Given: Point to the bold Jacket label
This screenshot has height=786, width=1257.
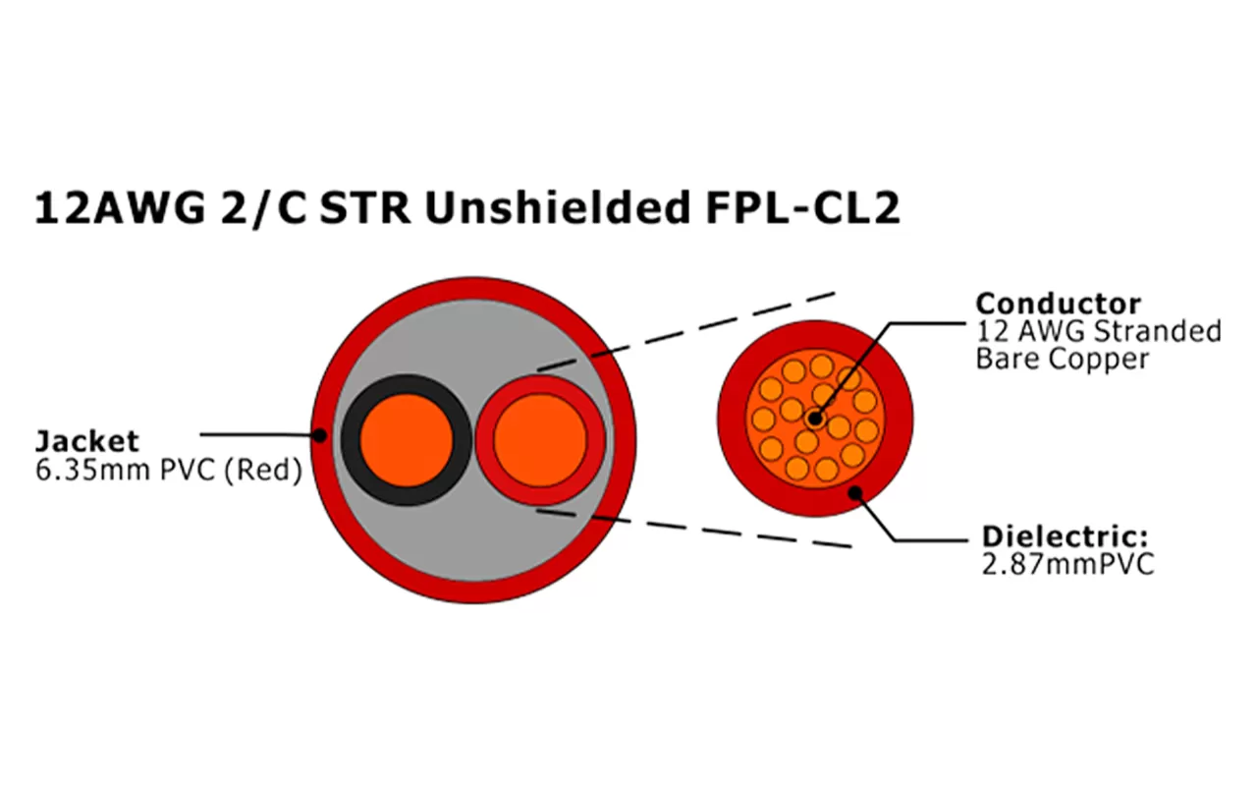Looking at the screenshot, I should [86, 441].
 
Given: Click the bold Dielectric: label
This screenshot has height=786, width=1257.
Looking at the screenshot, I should [1065, 537].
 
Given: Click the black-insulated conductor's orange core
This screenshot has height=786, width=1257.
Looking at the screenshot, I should [406, 439].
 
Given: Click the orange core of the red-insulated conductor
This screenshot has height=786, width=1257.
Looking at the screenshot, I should [539, 439].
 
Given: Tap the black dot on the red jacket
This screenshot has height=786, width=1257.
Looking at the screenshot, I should [318, 433].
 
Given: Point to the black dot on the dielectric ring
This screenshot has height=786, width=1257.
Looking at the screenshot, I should [856, 493].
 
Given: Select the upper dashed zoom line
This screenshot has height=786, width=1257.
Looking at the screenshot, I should [687, 330].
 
